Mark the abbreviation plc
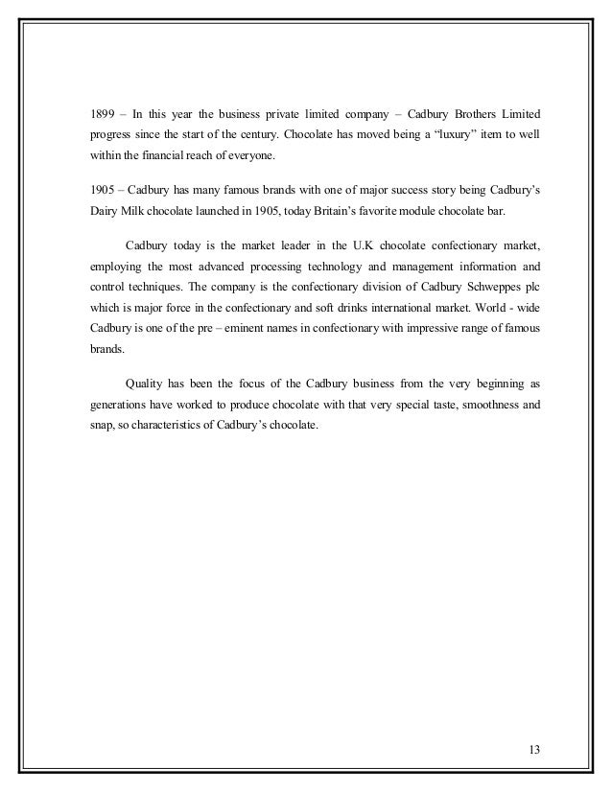point(531,289)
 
